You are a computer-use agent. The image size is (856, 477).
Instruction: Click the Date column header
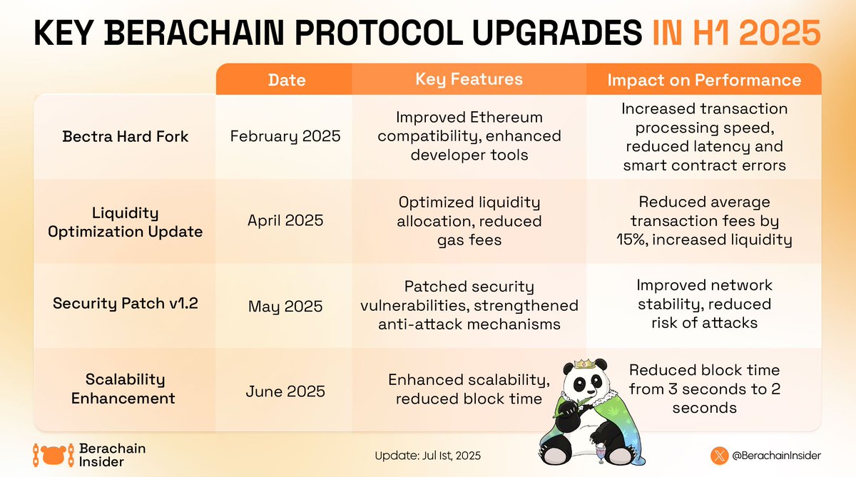(287, 80)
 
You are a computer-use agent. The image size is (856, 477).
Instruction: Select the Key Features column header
(469, 79)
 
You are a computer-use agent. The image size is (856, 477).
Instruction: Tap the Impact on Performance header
(703, 80)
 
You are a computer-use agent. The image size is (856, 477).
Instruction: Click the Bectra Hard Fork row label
(125, 135)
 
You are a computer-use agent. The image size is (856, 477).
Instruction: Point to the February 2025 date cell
(285, 135)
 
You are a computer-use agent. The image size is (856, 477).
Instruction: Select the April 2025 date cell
(285, 220)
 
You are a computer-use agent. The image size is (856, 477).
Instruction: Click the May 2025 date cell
(285, 307)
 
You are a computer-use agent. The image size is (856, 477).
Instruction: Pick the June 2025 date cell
(285, 391)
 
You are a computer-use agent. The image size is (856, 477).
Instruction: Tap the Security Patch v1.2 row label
(125, 304)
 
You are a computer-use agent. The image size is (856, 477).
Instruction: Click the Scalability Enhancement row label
(125, 389)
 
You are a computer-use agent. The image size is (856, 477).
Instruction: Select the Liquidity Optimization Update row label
(125, 222)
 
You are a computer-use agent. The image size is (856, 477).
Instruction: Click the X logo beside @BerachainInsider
(719, 454)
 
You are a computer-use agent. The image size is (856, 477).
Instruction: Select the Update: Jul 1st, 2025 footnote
(432, 456)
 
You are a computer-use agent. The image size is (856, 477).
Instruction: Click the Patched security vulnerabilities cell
(469, 305)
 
